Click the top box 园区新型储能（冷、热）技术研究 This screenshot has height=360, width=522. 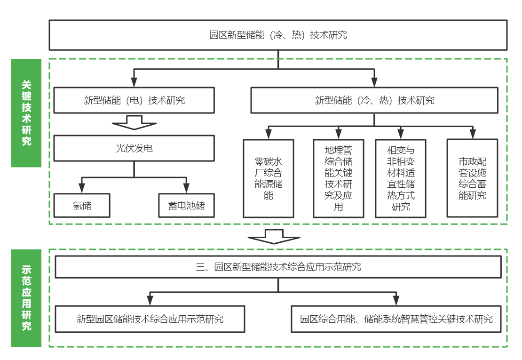278,35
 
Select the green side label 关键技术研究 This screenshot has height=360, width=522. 26,113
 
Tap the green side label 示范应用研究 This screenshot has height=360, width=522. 26,298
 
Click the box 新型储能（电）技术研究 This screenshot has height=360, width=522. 134,100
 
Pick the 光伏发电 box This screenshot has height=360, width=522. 134,149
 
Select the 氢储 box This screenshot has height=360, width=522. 82,206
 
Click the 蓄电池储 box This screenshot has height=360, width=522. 186,206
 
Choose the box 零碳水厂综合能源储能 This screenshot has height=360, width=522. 269,178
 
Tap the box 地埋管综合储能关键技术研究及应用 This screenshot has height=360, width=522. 339,178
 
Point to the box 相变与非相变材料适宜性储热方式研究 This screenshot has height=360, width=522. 401,178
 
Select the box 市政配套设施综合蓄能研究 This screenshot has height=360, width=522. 472,178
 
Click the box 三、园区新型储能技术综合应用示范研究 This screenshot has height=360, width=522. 278,267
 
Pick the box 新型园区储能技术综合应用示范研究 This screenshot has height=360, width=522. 150,319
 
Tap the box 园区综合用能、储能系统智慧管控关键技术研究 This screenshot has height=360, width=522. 396,319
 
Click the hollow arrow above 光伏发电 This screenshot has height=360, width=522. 134,124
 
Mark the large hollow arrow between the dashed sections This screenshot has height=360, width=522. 274,236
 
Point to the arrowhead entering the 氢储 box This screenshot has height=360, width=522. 82,189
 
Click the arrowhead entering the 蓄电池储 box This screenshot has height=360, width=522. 186,189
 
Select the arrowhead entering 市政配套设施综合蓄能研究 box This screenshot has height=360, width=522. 472,136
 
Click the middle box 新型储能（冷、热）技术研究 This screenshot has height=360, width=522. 374,100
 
